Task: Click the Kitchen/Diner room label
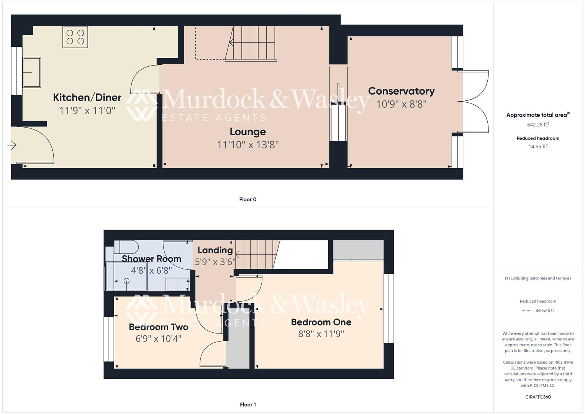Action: pyautogui.click(x=87, y=97)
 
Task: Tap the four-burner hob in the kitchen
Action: pyautogui.click(x=75, y=37)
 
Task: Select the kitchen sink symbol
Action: pyautogui.click(x=32, y=72)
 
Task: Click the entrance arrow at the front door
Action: pyautogui.click(x=12, y=145)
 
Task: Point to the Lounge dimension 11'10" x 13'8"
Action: pyautogui.click(x=247, y=145)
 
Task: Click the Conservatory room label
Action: pyautogui.click(x=401, y=91)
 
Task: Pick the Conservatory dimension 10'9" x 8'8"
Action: pyautogui.click(x=401, y=104)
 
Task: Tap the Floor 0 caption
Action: pyautogui.click(x=247, y=199)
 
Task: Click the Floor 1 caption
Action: pyautogui.click(x=247, y=404)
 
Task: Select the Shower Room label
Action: pyautogui.click(x=151, y=259)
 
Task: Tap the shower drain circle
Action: pyautogui.click(x=126, y=281)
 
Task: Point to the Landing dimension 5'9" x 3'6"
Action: pyautogui.click(x=215, y=262)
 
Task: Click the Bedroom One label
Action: pyautogui.click(x=321, y=322)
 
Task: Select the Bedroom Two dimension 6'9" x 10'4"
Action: pyautogui.click(x=158, y=339)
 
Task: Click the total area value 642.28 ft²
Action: pyautogui.click(x=538, y=125)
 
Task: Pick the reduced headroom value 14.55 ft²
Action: pyautogui.click(x=538, y=146)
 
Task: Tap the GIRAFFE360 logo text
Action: pyautogui.click(x=538, y=397)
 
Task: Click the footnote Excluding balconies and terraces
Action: pyautogui.click(x=538, y=278)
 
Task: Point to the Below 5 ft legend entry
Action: pyautogui.click(x=544, y=310)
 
